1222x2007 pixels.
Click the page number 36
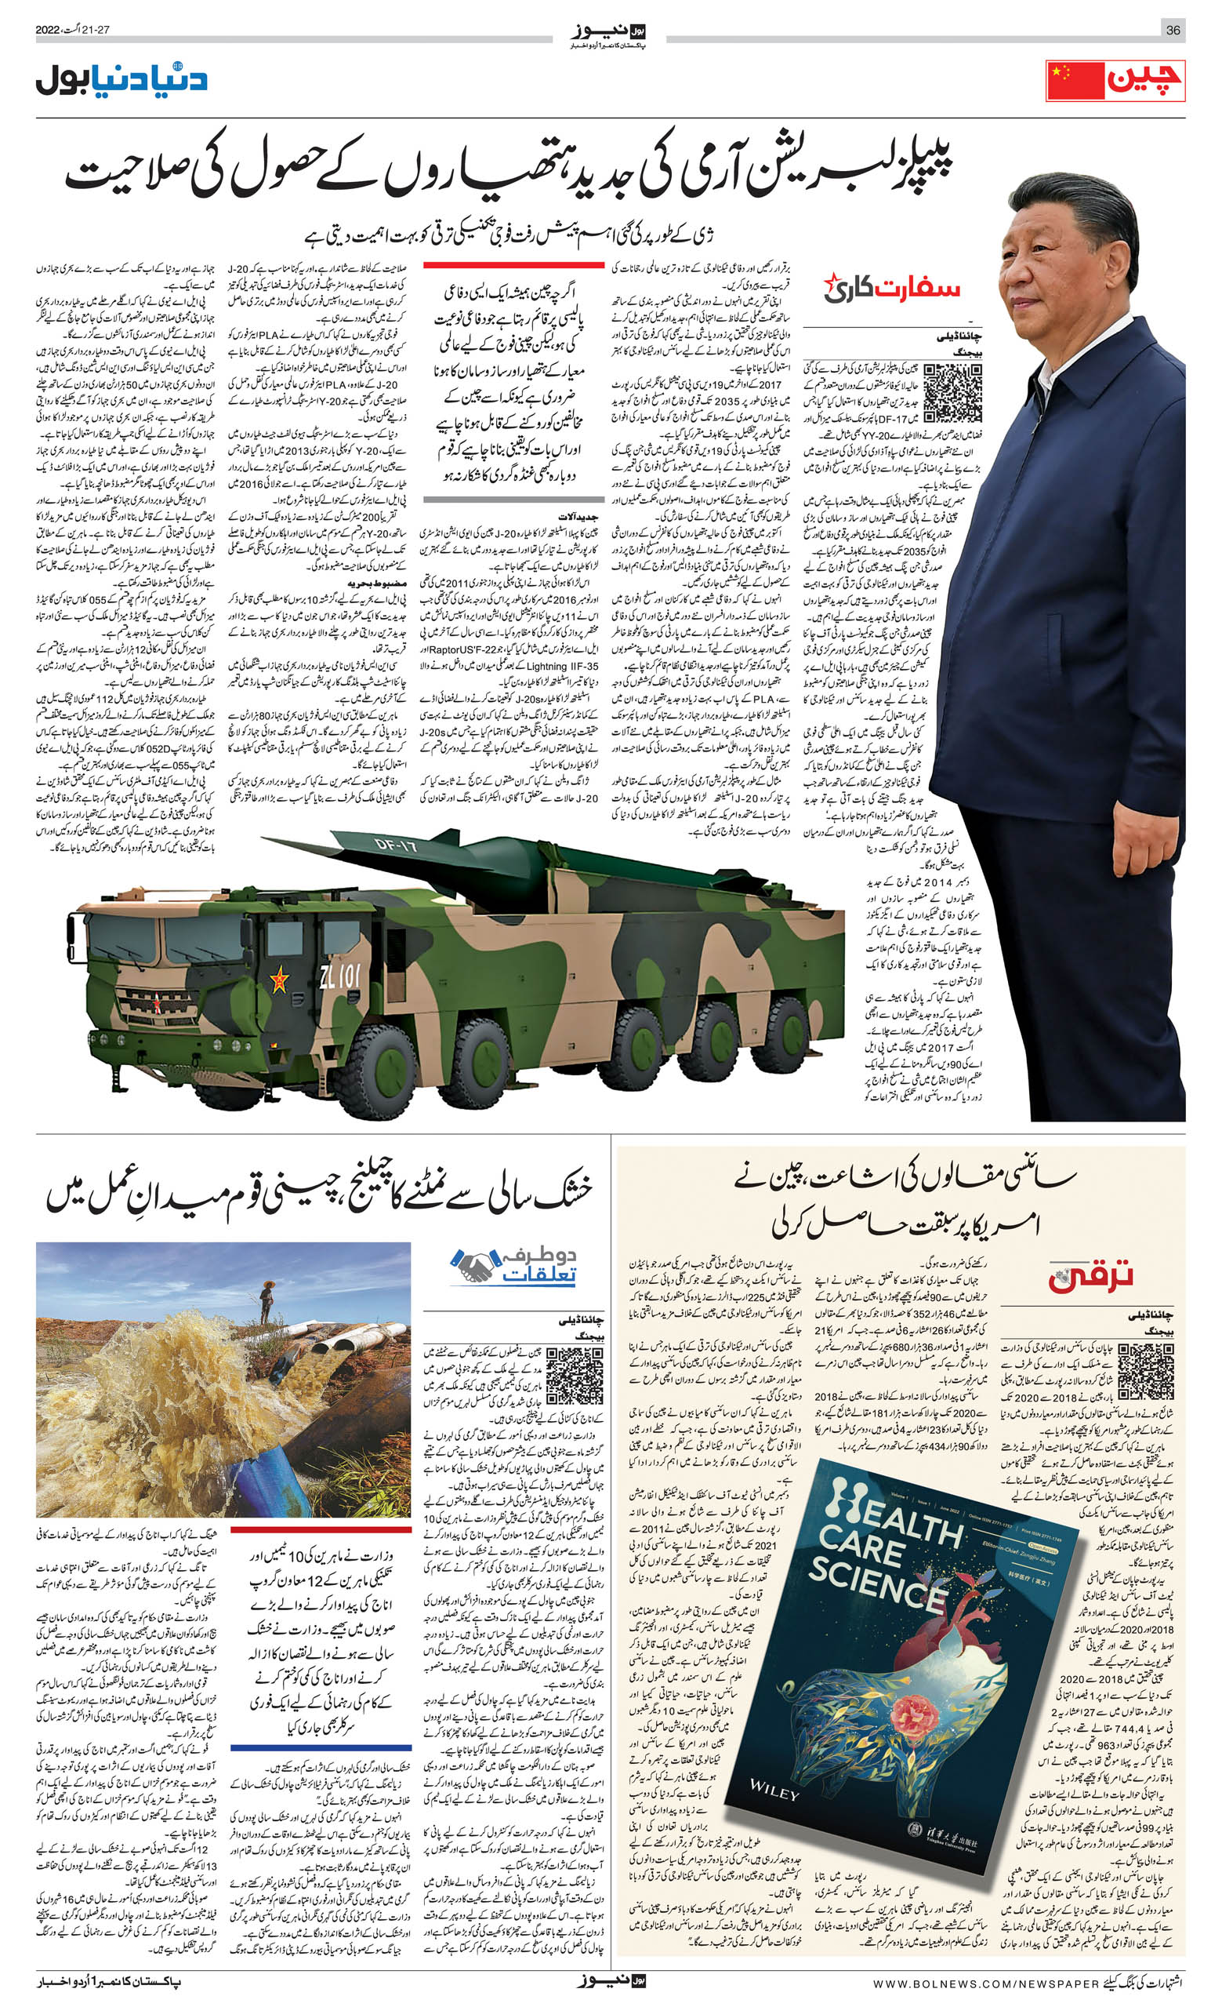coord(1173,30)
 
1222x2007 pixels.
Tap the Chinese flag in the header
coord(1075,82)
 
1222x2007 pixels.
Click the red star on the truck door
coord(279,980)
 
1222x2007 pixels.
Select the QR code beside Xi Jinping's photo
coord(953,393)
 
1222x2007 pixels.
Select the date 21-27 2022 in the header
coord(72,30)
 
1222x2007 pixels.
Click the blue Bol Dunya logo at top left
coord(122,80)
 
